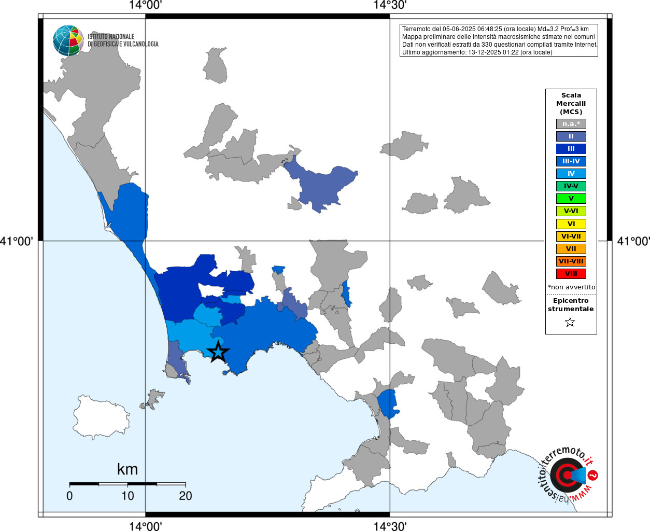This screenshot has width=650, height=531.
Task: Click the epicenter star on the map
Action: point(218,352)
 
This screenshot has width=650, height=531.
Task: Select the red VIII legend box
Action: point(571,274)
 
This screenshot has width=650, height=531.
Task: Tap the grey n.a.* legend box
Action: point(571,124)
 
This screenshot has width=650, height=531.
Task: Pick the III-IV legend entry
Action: point(571,161)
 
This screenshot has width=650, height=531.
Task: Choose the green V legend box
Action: point(571,199)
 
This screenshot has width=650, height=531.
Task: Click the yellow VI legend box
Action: point(571,224)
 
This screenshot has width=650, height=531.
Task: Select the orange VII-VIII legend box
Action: point(571,261)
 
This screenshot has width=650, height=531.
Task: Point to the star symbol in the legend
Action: point(570,323)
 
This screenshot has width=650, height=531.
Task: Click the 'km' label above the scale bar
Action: point(128,469)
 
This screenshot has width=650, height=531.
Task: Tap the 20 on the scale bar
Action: point(186,496)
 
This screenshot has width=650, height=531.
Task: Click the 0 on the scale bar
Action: point(69,496)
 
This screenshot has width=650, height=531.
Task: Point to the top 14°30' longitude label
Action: point(390,5)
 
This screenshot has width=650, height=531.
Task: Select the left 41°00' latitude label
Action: point(17,241)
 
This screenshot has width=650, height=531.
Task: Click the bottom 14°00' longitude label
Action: point(145,526)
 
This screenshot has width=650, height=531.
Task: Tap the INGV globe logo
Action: point(68,40)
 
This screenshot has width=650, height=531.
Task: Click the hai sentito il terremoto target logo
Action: point(567,474)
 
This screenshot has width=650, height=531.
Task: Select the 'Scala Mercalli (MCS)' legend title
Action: point(571,104)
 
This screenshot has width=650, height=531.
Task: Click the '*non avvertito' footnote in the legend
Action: point(571,287)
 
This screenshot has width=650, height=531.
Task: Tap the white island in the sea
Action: point(101,416)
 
